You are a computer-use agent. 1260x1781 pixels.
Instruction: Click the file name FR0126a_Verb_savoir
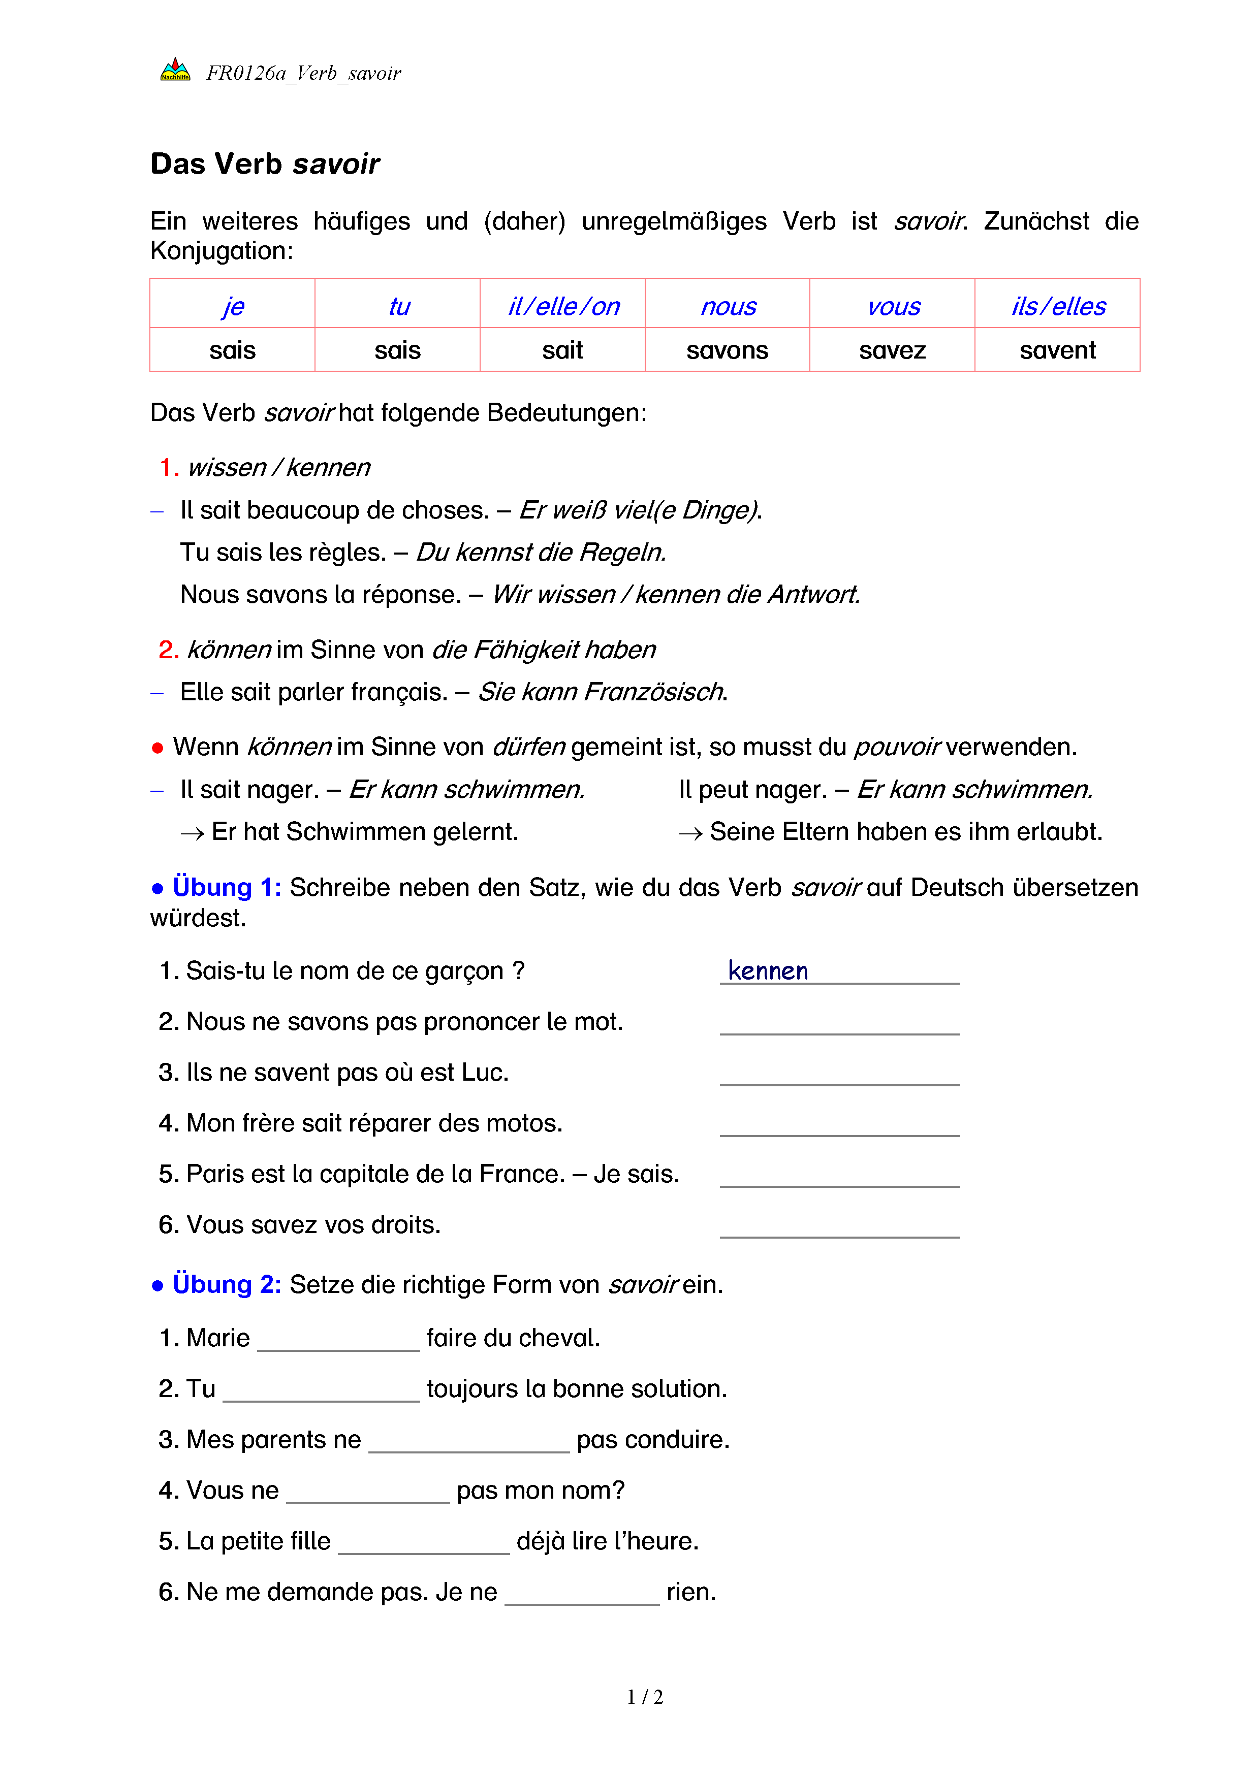coord(303,73)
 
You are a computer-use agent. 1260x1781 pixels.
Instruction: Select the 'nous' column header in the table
coord(728,306)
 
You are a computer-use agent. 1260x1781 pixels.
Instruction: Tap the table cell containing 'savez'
coord(892,350)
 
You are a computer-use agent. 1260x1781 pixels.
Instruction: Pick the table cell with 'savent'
coord(1057,350)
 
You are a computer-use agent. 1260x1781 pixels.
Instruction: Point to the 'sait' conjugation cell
coord(562,350)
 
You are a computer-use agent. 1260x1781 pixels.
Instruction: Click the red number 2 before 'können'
coord(168,649)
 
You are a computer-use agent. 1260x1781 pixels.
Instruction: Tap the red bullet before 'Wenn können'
coord(157,748)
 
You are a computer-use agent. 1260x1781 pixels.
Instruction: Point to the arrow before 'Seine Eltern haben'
coord(690,833)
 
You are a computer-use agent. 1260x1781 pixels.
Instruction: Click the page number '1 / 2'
coord(645,1697)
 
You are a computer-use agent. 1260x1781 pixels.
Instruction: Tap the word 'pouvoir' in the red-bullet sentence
coord(897,747)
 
